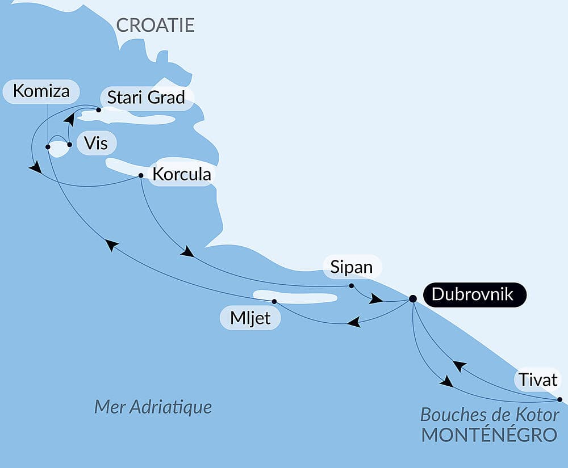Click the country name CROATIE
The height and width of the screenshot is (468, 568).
pos(155,25)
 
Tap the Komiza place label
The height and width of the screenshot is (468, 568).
pos(41,91)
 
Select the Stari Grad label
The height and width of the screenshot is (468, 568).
pos(146,98)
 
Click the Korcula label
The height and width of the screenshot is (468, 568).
pos(182,174)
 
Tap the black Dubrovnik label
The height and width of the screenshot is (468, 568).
pos(472,294)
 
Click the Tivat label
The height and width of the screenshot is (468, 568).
pos(537,380)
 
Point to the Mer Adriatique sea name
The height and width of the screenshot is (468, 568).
pos(153,407)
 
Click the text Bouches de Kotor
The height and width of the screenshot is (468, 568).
pos(490,415)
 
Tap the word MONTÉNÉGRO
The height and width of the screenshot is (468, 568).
pos(488,435)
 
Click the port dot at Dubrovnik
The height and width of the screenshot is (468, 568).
pos(413,298)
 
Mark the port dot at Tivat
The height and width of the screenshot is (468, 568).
pos(559,399)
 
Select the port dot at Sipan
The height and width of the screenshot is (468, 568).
pos(352,285)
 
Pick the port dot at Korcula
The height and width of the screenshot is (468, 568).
pos(141,175)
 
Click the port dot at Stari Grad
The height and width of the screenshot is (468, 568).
pos(98,110)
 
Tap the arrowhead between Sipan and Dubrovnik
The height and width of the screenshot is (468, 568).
pos(375,298)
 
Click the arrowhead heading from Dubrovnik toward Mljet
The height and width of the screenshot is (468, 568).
pos(354,323)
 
